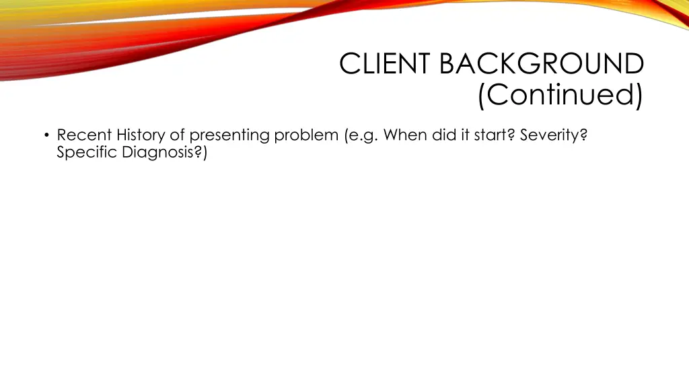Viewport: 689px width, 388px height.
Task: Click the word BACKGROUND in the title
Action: [542, 65]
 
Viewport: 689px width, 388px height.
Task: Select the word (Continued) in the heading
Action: [560, 95]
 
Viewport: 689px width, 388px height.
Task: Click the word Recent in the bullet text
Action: [84, 135]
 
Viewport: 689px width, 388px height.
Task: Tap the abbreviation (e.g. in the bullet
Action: [362, 135]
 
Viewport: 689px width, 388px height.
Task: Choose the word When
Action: [406, 135]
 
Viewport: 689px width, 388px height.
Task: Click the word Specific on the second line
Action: [87, 153]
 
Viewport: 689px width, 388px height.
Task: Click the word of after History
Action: [177, 135]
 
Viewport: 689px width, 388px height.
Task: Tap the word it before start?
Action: [466, 135]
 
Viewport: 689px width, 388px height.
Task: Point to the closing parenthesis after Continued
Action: [639, 96]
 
